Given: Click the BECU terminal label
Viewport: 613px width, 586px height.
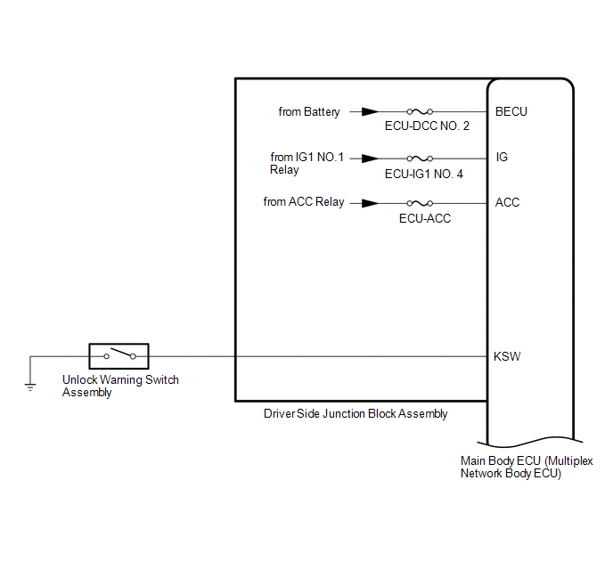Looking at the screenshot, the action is [x=511, y=111].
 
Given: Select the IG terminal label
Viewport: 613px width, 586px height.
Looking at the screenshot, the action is [x=502, y=157].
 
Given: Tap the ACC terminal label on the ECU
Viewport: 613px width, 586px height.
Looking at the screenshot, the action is [x=507, y=202].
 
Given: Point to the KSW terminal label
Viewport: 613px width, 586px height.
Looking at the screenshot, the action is [x=507, y=356].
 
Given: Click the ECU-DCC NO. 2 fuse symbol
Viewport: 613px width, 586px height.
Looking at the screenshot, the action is [x=420, y=111].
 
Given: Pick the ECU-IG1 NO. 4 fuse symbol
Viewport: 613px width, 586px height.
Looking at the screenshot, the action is [x=420, y=159].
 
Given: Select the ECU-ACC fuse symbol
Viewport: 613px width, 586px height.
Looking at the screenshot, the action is [x=420, y=203].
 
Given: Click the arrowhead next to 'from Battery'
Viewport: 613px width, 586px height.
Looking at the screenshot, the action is [x=370, y=111].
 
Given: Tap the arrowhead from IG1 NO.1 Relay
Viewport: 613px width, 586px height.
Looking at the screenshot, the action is [x=370, y=159].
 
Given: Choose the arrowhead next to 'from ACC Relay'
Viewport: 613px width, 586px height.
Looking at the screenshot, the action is [x=370, y=203].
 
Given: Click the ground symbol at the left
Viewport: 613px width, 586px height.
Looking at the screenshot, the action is [x=30, y=387].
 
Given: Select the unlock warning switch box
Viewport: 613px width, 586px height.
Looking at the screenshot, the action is [x=119, y=356].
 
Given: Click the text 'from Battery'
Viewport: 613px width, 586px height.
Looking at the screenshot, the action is [x=309, y=112].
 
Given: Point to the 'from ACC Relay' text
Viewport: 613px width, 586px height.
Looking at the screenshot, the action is [x=303, y=202].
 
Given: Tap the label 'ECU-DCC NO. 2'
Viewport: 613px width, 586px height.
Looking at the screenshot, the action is [x=427, y=126].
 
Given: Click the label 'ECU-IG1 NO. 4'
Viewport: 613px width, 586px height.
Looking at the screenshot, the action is [x=424, y=174].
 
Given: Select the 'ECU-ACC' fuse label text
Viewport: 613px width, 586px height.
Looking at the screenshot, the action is [x=425, y=218].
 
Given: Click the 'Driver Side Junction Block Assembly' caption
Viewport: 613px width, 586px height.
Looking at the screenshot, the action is [x=356, y=414].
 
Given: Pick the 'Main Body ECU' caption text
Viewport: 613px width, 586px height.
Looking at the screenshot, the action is [x=527, y=468].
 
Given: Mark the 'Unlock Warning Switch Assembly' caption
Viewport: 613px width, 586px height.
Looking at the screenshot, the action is [x=120, y=386].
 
